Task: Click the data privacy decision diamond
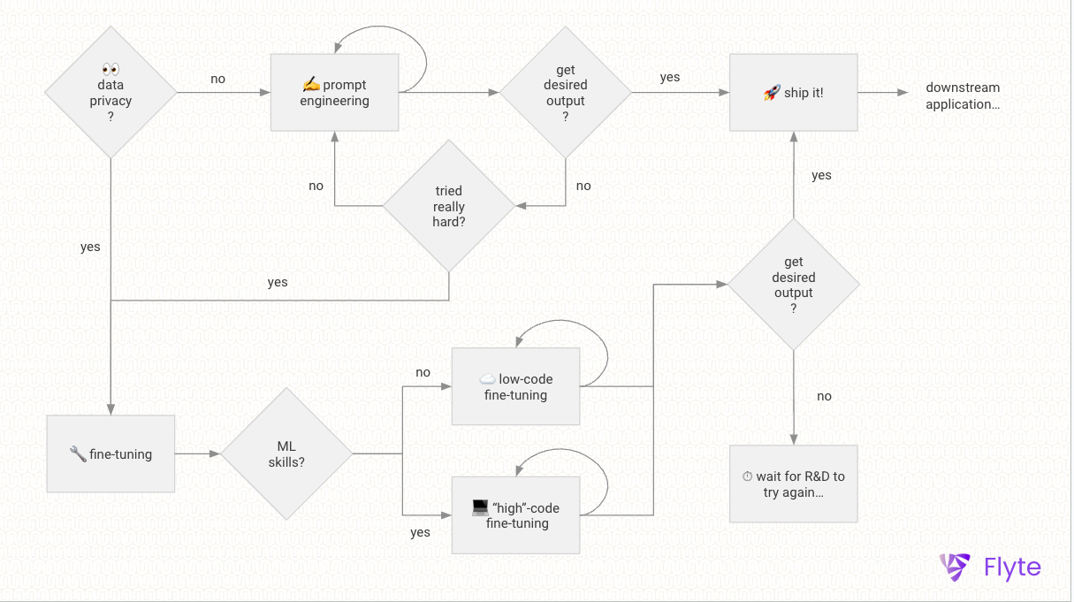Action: point(110,93)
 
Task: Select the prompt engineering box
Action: point(334,93)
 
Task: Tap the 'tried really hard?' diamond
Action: point(448,206)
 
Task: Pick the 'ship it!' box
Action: point(793,93)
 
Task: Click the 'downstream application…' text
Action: point(963,95)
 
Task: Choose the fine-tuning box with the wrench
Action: point(110,454)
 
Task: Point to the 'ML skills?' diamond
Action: point(286,454)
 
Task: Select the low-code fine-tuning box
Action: point(515,387)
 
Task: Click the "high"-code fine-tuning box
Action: point(515,515)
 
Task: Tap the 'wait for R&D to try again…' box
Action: point(793,484)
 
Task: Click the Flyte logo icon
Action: point(956,567)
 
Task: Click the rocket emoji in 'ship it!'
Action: point(772,93)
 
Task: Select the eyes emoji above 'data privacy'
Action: point(110,69)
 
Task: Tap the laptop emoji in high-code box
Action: point(480,507)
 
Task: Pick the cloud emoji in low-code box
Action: point(487,379)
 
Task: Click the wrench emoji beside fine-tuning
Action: point(78,454)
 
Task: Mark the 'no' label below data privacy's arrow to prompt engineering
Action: point(217,79)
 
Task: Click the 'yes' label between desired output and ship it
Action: point(670,77)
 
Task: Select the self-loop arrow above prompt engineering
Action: point(380,40)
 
